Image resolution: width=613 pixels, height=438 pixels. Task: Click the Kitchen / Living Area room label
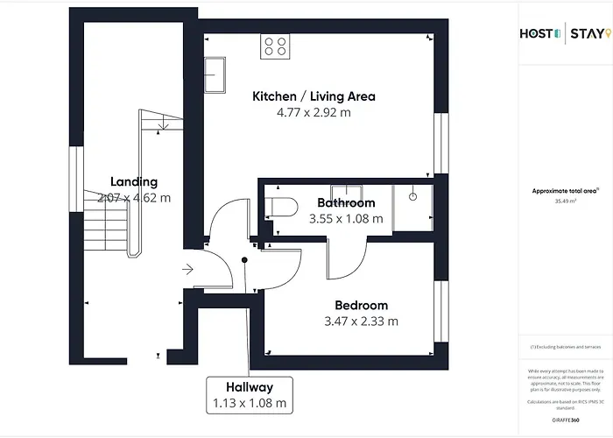pos(314,96)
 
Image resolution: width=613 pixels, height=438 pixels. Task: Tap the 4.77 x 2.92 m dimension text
pos(314,112)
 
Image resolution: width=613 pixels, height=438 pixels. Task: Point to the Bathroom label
pos(346,203)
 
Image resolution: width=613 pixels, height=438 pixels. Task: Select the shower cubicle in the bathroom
pos(413,207)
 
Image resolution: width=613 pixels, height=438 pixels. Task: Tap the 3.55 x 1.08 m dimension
pos(346,219)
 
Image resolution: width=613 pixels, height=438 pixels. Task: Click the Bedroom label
pos(361,306)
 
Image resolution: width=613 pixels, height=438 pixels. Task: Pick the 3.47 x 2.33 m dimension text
pos(361,321)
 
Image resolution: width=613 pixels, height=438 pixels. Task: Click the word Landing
pos(134,181)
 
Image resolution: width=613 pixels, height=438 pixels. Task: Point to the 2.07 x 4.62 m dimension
pos(134,198)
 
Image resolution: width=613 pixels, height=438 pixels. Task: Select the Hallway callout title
pos(249,387)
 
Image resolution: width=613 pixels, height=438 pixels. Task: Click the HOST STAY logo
pos(560,34)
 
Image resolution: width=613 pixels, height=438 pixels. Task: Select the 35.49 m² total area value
pos(564,200)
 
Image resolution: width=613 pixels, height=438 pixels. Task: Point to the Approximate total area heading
pos(564,190)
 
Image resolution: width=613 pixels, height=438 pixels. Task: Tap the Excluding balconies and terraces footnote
pos(564,348)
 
